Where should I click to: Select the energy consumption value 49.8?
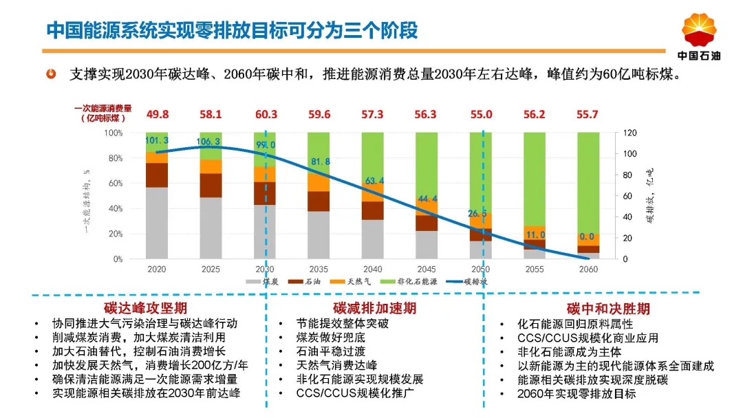tap(157, 114)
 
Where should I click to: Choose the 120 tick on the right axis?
tap(631, 133)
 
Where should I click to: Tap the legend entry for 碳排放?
tap(470, 281)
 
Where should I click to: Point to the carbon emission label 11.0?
tap(535, 235)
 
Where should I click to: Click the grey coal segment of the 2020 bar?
tap(157, 223)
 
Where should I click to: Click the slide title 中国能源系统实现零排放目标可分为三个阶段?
tap(232, 31)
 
